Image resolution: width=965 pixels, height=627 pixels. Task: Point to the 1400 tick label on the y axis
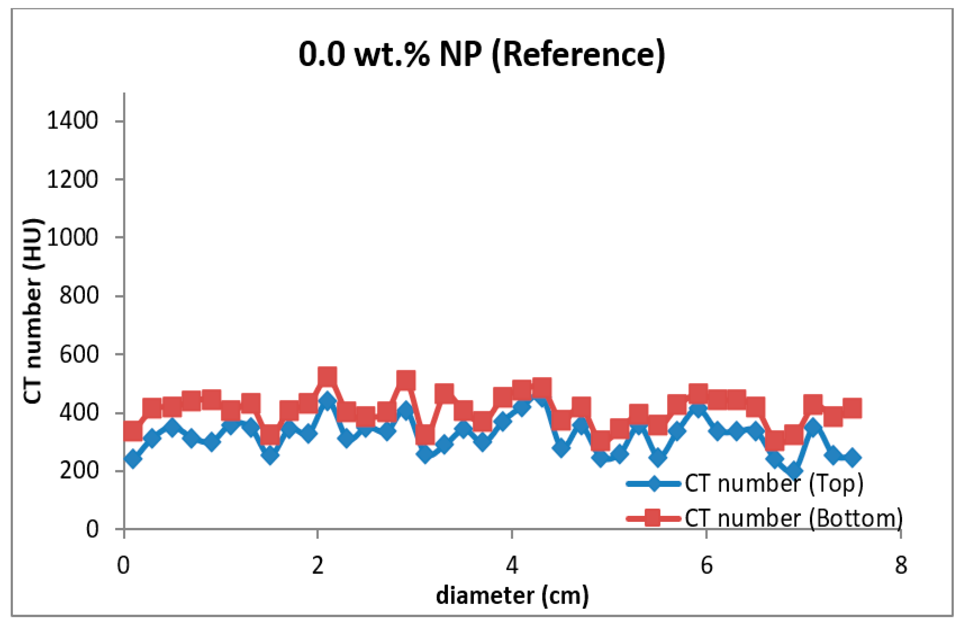tap(72, 121)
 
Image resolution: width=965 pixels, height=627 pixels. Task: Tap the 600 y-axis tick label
tap(79, 355)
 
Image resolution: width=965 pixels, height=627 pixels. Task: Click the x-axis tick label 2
tap(318, 564)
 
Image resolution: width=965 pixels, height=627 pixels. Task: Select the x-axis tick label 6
tap(706, 564)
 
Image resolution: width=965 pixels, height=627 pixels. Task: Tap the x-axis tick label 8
tap(901, 564)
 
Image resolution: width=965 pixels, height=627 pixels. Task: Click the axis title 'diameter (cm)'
tap(512, 596)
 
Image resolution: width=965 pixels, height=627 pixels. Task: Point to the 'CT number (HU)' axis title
tap(33, 311)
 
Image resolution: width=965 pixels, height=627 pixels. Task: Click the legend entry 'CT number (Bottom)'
tap(793, 517)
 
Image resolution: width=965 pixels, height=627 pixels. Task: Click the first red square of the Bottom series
tap(133, 431)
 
